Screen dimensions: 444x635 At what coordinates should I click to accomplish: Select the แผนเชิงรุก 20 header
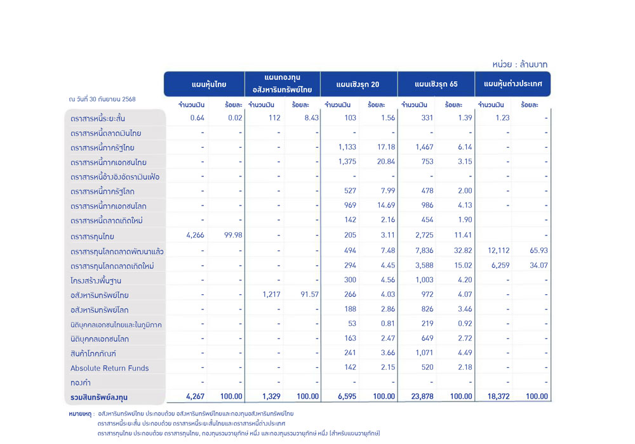pos(358,84)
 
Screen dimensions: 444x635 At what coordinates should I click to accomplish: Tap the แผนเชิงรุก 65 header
pos(436,84)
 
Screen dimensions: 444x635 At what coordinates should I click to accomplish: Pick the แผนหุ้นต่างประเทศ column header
pos(512,84)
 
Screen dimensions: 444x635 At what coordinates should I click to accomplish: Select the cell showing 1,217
pos(270,294)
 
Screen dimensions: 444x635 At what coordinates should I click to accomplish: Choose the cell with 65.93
pos(537,251)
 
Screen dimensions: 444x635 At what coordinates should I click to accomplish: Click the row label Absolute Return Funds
pos(109,368)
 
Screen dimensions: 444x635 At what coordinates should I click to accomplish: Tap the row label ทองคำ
pos(81,382)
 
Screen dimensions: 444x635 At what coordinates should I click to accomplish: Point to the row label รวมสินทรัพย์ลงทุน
pos(99,397)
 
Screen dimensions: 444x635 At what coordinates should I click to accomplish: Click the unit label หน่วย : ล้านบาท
pos(519,64)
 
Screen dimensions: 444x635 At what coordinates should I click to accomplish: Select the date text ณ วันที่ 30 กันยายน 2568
pos(102,99)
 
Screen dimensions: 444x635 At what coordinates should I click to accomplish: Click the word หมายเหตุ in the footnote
pos(81,413)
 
